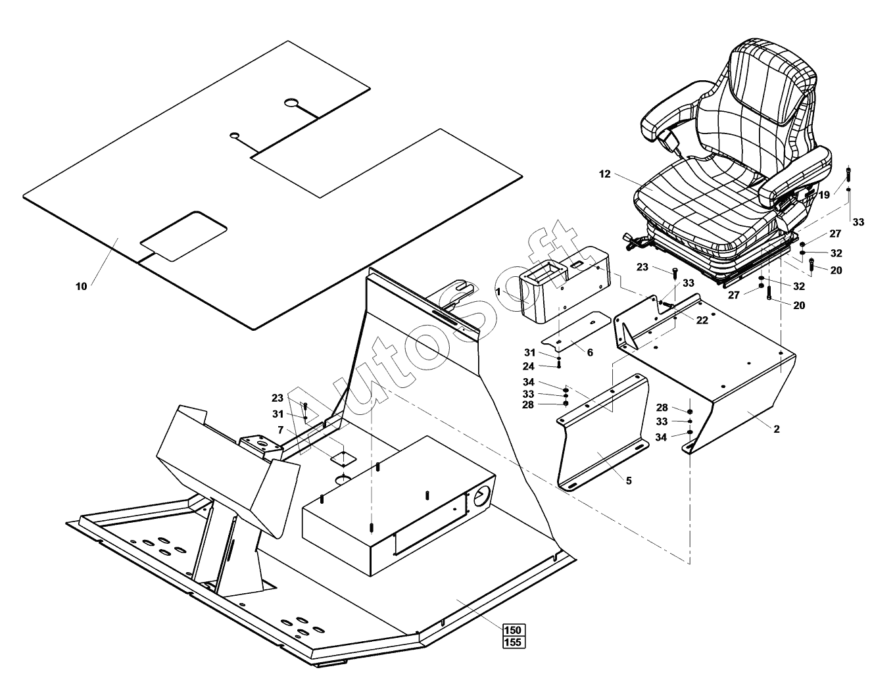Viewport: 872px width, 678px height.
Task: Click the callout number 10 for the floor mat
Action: pyautogui.click(x=81, y=286)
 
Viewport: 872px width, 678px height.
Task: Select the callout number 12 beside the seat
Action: pyautogui.click(x=605, y=174)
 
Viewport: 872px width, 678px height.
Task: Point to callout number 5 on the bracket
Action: pyautogui.click(x=629, y=481)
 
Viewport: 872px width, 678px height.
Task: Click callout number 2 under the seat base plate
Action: pyautogui.click(x=777, y=429)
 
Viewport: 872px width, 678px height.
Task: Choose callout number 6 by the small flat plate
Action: pyautogui.click(x=590, y=352)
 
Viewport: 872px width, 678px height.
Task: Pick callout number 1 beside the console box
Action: pyautogui.click(x=498, y=291)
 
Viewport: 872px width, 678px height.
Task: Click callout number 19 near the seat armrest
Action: pyautogui.click(x=824, y=195)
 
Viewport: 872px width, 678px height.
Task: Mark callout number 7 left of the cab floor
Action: pyautogui.click(x=280, y=429)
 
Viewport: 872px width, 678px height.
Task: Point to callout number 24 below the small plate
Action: pyautogui.click(x=528, y=366)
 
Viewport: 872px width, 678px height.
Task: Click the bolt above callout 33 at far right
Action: pyautogui.click(x=848, y=175)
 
